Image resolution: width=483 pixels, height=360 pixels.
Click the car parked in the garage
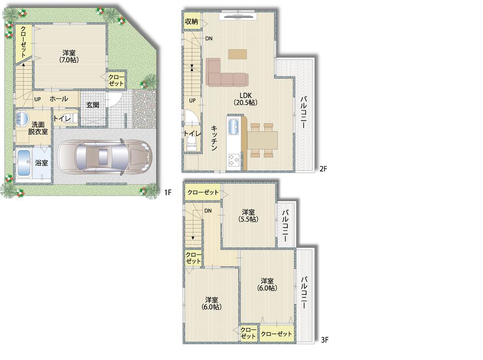[104, 157]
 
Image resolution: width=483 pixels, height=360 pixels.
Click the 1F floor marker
[168, 193]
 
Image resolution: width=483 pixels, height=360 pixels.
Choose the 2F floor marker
[324, 168]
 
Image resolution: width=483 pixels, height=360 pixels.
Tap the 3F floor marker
[325, 340]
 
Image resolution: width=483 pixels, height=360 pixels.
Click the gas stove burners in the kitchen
[234, 160]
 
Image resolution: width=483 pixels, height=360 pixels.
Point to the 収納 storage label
[191, 22]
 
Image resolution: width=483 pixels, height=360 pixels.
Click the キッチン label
[214, 138]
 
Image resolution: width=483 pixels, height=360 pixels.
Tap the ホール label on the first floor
[58, 99]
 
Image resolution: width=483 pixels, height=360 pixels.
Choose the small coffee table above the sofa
[237, 54]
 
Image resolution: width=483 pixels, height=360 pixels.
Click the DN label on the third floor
[208, 211]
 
